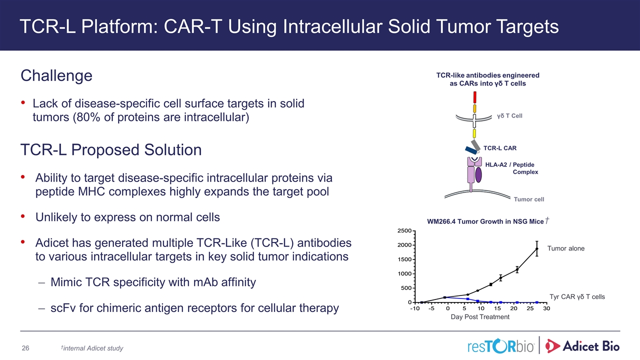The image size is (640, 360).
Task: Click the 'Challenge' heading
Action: coord(56,76)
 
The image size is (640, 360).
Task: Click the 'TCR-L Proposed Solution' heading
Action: coord(111,150)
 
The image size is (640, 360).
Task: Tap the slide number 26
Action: coord(25,348)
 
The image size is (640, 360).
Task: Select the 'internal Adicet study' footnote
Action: coord(92,348)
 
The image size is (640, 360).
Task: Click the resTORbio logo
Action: coord(500,346)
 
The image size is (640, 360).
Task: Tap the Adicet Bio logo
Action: coord(582,346)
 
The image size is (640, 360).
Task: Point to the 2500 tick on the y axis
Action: coord(404,231)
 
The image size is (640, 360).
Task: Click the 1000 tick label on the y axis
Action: coord(404,273)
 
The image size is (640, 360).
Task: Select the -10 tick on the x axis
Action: coord(414,308)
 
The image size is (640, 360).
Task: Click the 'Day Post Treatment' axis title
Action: coord(480,317)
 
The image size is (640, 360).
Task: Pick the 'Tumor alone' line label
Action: coord(565,248)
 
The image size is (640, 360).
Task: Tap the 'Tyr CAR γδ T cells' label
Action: coord(577,297)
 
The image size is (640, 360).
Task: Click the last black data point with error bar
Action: coord(537,248)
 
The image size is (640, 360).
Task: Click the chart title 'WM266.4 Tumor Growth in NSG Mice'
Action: coord(485,221)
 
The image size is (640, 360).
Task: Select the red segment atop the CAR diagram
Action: coord(475,97)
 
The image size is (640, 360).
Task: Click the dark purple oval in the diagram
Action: coord(478,175)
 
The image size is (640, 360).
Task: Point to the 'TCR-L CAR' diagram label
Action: coord(499,148)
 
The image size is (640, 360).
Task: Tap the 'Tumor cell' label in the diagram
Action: coord(529,199)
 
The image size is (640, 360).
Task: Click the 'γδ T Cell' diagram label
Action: coord(509,116)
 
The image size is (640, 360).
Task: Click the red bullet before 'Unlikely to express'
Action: coord(23,216)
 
